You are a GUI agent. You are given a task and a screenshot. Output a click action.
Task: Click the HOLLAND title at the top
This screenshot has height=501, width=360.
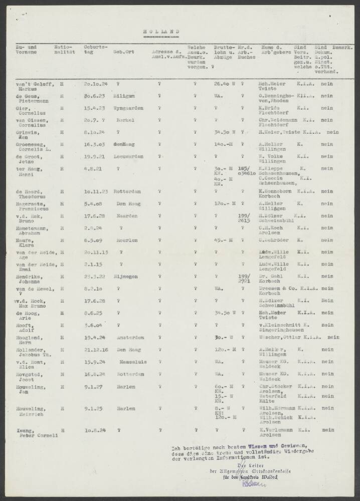click(161, 31)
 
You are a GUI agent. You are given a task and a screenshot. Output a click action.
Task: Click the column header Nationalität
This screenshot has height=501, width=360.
click(64, 49)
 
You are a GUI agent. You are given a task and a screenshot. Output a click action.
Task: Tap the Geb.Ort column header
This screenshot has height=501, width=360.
click(123, 52)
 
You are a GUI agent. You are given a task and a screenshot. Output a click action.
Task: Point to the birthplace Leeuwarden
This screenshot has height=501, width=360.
click(128, 156)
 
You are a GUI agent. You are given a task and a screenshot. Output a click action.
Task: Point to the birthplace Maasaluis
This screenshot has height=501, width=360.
click(129, 362)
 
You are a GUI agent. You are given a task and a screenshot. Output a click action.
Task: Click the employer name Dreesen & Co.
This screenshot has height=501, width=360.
click(275, 289)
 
